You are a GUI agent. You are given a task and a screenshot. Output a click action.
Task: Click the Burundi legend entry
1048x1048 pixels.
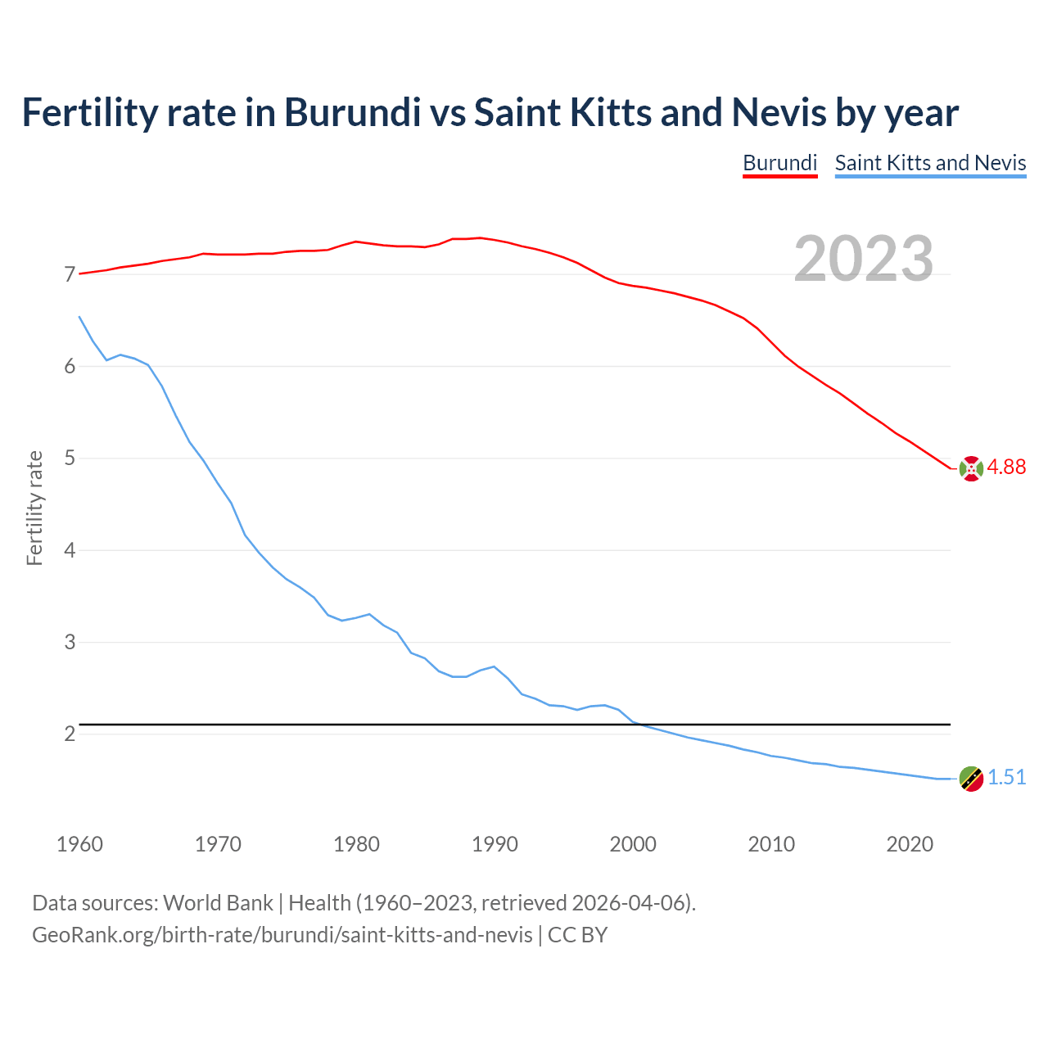pos(779,163)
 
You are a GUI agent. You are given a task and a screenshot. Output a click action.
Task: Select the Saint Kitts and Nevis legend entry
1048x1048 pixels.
pos(930,163)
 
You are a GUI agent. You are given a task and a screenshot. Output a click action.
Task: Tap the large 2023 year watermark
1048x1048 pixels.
pos(864,259)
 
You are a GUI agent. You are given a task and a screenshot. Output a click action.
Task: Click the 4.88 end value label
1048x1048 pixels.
pos(1006,468)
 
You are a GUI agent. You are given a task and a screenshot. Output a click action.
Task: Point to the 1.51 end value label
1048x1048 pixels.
pos(1006,778)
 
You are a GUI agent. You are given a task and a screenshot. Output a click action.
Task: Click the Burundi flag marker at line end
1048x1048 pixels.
pos(971,468)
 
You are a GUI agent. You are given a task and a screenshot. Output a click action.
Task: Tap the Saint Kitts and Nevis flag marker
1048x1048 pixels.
pos(971,779)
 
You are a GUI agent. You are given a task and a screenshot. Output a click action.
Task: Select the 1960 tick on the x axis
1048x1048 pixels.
pos(79,844)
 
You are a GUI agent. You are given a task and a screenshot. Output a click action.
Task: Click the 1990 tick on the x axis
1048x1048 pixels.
pos(495,844)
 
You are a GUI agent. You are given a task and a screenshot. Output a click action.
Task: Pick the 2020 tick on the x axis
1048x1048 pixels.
pos(910,844)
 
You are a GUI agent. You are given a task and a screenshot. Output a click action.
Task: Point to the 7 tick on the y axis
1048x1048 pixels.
pos(70,275)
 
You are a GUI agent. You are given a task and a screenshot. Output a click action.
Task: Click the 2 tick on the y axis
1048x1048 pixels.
pos(70,734)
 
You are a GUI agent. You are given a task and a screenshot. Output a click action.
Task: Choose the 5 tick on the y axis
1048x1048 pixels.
pos(70,458)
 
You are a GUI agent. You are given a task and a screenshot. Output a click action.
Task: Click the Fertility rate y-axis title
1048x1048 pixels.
pos(34,508)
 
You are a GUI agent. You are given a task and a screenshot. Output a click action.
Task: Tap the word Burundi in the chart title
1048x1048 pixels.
pos(352,113)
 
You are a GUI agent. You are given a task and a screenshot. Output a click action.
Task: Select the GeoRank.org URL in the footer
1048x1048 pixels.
pos(282,935)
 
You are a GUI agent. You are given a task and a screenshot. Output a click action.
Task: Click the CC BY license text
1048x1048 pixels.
pos(577,935)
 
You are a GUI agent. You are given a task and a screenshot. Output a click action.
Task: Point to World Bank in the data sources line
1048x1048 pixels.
pos(218,903)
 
